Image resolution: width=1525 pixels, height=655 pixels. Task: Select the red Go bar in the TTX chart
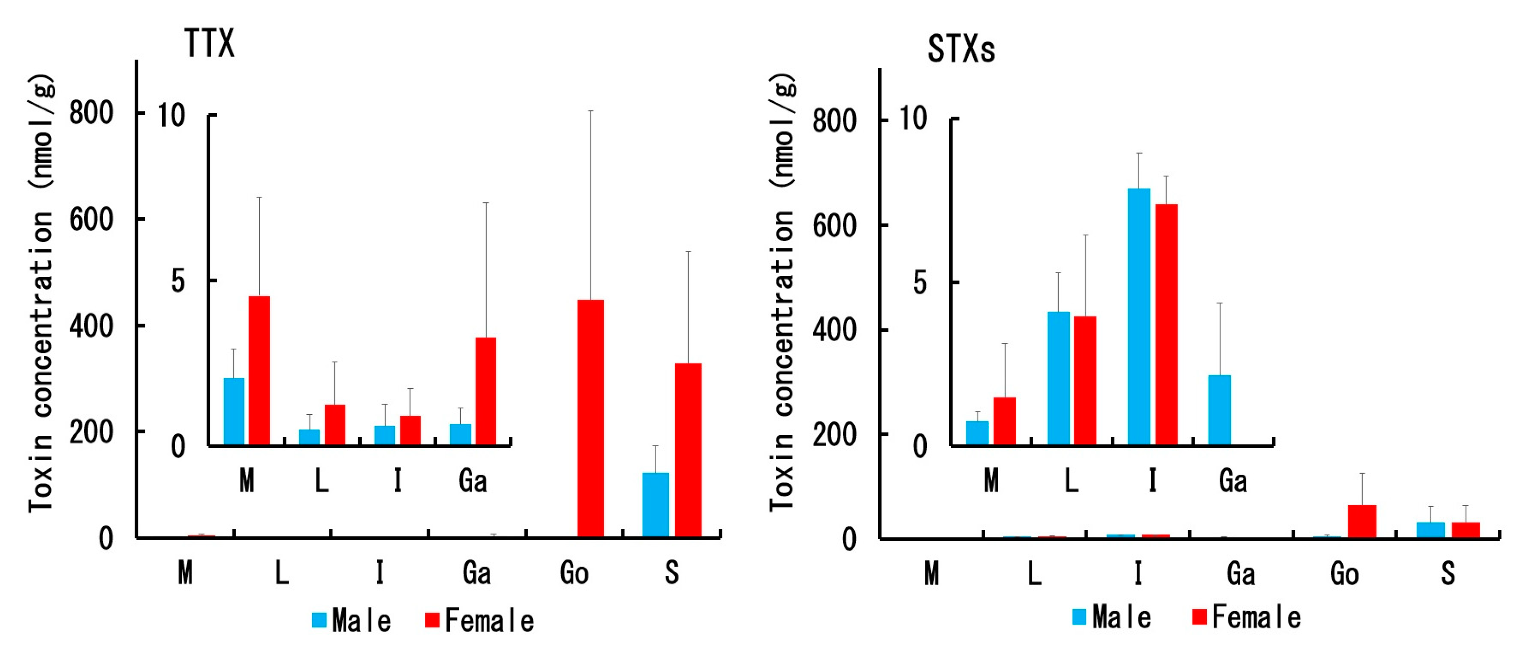[x=590, y=418]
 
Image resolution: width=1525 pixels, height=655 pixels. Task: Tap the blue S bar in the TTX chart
[x=655, y=504]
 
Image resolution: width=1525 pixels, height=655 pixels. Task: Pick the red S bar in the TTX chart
[x=688, y=450]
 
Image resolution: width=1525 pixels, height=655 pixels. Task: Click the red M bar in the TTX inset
[x=259, y=370]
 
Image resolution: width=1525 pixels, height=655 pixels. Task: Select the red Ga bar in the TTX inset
[x=486, y=391]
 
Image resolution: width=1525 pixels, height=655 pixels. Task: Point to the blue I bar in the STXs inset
[x=1139, y=316]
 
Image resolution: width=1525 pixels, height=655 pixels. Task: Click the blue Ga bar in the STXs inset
[x=1220, y=410]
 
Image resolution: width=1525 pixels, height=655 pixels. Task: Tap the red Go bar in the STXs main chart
[x=1362, y=521]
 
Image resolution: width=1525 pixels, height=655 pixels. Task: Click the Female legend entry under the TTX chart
[x=480, y=621]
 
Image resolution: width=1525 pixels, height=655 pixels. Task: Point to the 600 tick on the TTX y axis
[x=91, y=220]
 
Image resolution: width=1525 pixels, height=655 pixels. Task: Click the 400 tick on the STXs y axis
[x=834, y=330]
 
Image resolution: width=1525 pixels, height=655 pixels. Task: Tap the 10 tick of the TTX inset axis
[x=171, y=115]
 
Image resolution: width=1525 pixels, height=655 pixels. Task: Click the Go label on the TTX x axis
[x=574, y=573]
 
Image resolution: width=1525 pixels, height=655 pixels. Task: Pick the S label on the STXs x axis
[x=1448, y=573]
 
